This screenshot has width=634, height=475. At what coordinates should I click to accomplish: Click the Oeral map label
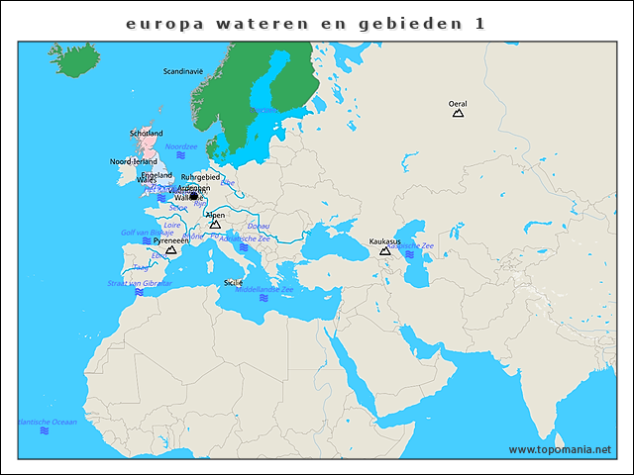pos(458,103)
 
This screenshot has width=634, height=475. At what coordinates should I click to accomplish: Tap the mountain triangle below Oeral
pos(458,114)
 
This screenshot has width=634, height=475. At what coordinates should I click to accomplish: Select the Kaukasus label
pos(384,241)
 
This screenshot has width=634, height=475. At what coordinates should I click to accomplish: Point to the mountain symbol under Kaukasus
pos(385,251)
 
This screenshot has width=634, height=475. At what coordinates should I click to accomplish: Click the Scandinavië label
pos(183,71)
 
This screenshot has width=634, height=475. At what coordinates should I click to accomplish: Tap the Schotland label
pos(147,134)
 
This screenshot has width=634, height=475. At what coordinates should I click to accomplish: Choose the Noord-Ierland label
pos(133,160)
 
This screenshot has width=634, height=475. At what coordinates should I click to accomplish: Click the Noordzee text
pos(181,146)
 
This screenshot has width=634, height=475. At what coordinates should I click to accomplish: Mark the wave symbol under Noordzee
pos(181,156)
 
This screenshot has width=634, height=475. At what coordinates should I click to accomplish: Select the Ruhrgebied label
pos(200,177)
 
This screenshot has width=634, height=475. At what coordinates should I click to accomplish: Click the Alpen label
pos(215,215)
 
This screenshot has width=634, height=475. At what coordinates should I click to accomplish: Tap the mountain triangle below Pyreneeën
pos(170,251)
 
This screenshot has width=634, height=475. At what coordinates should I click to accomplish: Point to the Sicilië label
pos(234,282)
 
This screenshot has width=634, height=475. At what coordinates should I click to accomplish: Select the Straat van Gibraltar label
pos(140,283)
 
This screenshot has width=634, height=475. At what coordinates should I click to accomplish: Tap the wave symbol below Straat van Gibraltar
pos(140,293)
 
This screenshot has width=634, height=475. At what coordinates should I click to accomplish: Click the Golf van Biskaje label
pos(147,233)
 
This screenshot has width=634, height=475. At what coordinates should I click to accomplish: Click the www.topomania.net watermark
pos(560,449)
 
